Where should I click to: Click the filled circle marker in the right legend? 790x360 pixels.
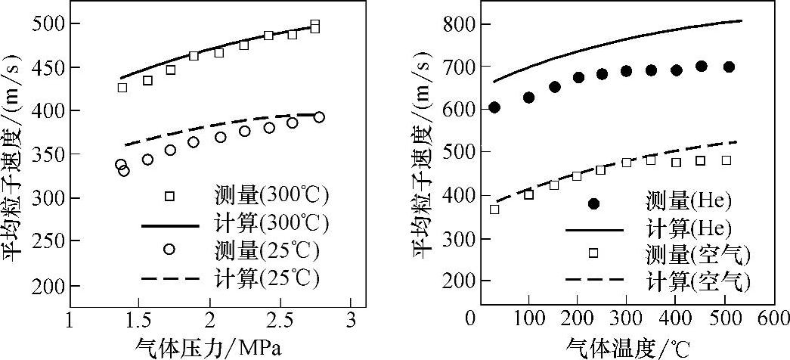tap(594, 203)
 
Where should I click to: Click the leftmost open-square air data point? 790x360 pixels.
tap(494, 209)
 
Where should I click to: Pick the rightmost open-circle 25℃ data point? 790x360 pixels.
tap(319, 117)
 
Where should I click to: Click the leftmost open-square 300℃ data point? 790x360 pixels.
tap(122, 88)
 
